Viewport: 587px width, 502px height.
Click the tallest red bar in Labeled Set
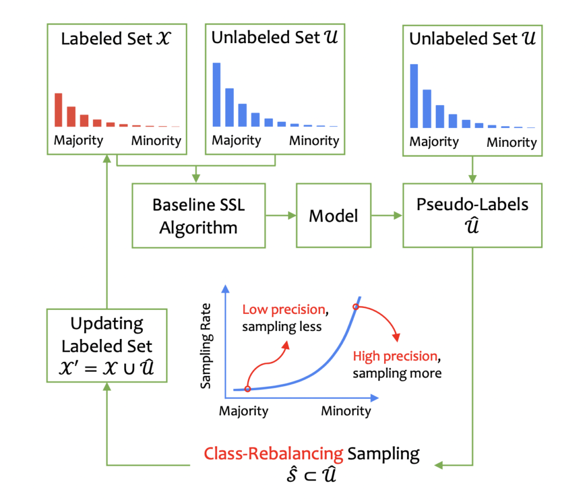58,110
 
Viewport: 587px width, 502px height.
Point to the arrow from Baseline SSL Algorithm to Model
281,215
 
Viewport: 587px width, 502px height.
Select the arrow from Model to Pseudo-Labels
387,215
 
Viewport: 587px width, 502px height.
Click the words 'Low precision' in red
284,309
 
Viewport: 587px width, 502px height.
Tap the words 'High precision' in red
395,356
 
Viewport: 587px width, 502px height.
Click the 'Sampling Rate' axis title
206,346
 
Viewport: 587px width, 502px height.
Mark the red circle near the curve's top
355,307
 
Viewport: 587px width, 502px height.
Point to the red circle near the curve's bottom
248,389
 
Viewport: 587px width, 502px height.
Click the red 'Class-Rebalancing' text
273,454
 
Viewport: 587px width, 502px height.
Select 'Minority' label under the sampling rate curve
346,411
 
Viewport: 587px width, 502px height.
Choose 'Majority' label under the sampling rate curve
244,411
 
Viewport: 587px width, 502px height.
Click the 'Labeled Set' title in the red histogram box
107,38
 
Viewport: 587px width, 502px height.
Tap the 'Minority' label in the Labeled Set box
156,141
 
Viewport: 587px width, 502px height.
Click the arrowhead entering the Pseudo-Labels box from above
472,178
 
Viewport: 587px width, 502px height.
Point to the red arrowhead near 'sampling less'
285,345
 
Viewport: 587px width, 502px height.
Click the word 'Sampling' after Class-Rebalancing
383,454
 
